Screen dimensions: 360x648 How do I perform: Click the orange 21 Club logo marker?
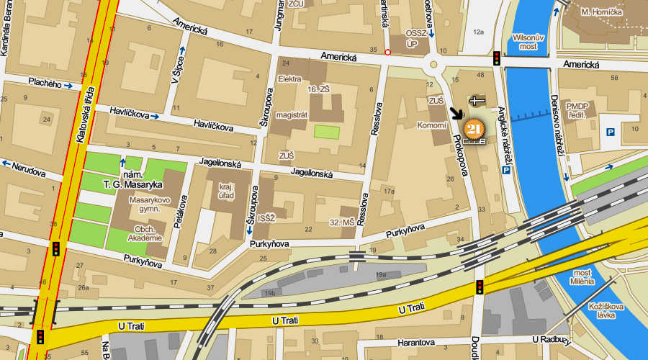(473, 130)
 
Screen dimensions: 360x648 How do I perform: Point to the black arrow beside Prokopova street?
(456, 114)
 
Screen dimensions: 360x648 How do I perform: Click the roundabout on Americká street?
(434, 64)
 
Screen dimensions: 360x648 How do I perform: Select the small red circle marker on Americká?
(388, 52)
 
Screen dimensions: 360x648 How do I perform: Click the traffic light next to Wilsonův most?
(497, 58)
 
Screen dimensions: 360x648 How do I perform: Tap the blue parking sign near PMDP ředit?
(610, 132)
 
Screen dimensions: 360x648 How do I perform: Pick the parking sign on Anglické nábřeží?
(506, 171)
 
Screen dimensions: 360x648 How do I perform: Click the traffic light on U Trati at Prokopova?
(479, 287)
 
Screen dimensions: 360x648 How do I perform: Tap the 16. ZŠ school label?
(318, 89)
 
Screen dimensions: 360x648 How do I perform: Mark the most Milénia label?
(582, 276)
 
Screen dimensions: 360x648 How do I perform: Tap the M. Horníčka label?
(601, 12)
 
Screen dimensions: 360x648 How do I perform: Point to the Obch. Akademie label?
(144, 233)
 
